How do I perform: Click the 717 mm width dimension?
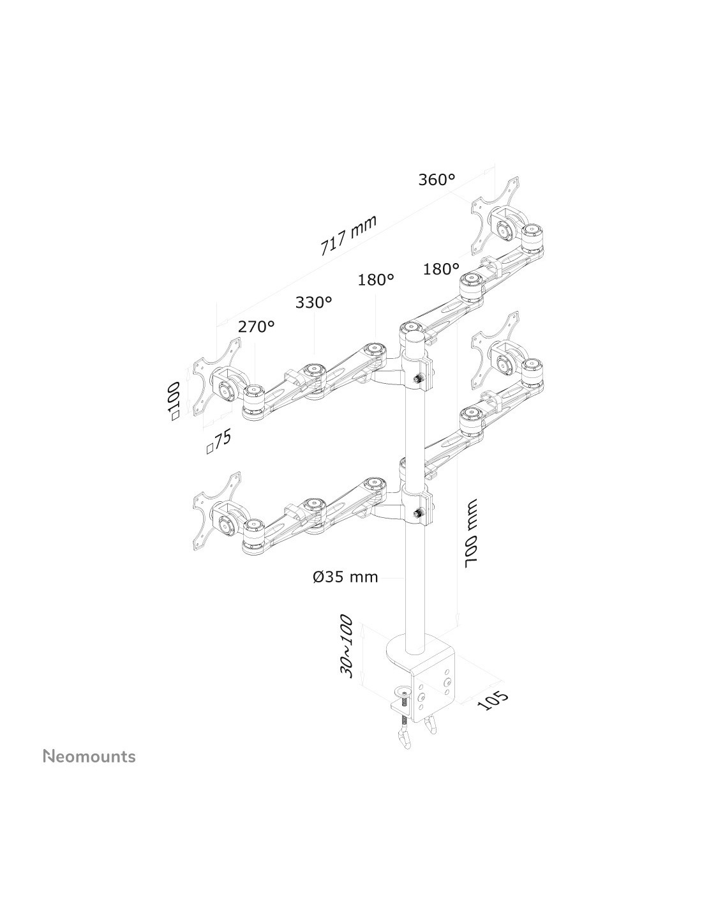(348, 235)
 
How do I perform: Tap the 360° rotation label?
(437, 180)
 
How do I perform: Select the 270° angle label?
(256, 327)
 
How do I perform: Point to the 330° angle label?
(313, 302)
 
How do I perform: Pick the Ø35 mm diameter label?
(345, 577)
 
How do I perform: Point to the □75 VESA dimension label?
(218, 441)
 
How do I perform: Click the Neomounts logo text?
(89, 757)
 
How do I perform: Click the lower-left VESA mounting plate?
(216, 508)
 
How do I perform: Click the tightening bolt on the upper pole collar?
(418, 380)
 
